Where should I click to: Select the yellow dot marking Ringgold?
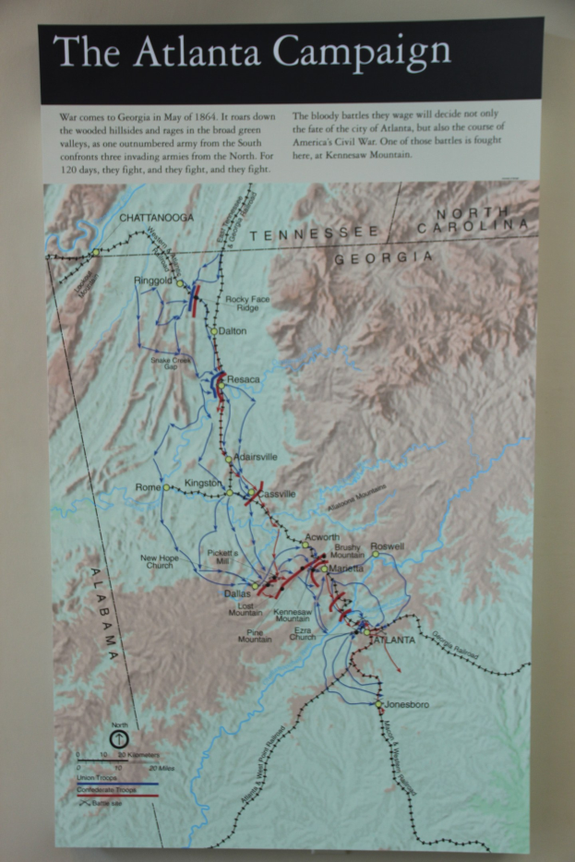pos(181,284)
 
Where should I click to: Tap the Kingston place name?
pos(203,483)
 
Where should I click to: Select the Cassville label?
pos(277,495)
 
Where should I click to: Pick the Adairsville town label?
pos(256,457)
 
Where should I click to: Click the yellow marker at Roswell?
pos(376,554)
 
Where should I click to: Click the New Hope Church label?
pos(160,561)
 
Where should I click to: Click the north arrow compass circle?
pos(118,739)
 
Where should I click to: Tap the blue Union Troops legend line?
pos(106,785)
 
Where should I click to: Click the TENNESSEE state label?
pos(314,233)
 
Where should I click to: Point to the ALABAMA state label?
pos(105,613)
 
